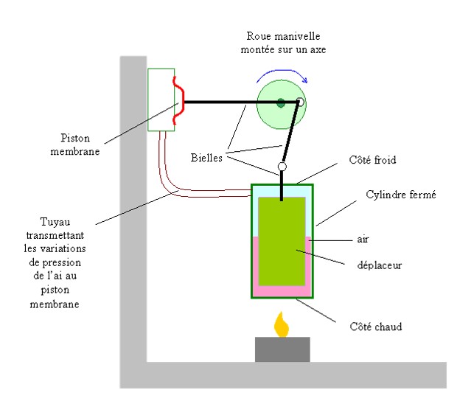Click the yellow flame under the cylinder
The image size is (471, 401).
click(281, 325)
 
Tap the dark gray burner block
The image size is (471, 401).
click(282, 349)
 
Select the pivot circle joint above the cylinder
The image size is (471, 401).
click(282, 167)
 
